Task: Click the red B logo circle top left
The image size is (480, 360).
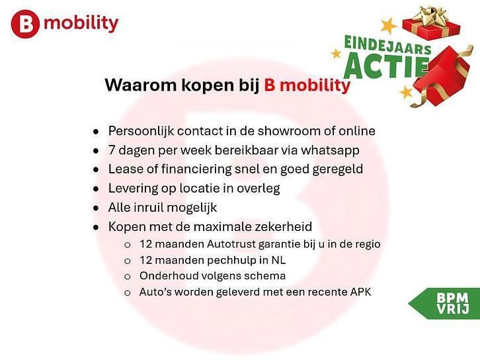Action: (x=25, y=24)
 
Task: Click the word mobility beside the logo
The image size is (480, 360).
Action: (x=81, y=24)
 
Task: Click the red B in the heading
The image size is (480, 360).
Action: (x=270, y=85)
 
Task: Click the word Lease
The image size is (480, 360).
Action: (x=124, y=169)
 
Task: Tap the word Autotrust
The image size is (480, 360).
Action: (x=218, y=244)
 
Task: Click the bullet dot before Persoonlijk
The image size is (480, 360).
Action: (x=97, y=131)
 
